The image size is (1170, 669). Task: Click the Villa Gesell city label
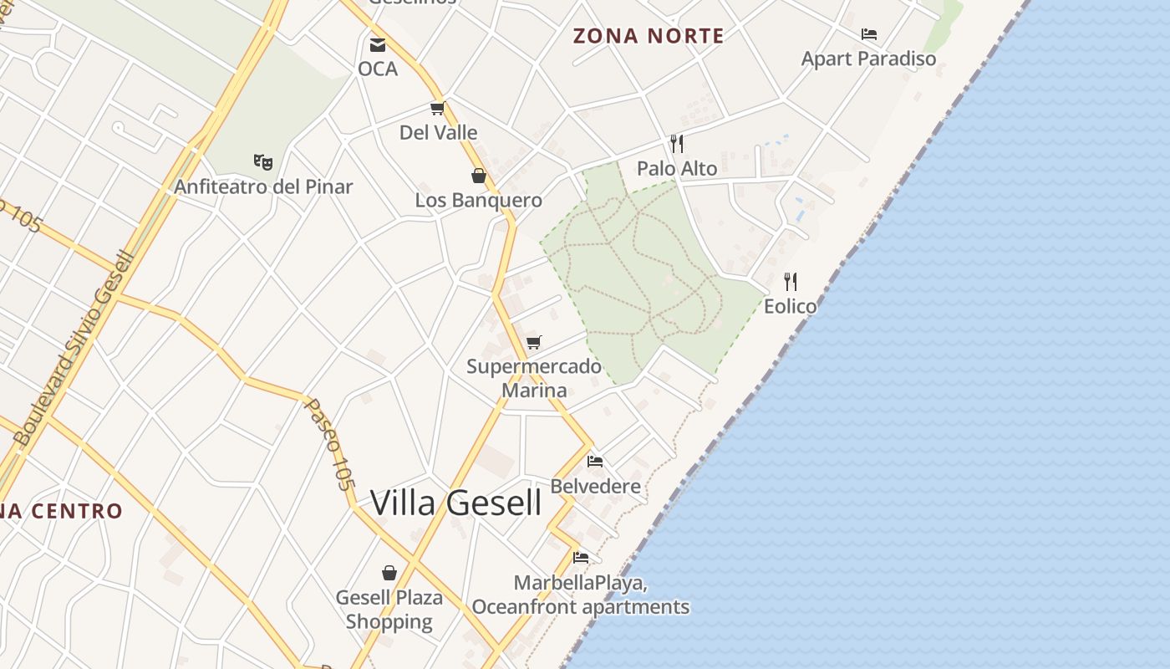(x=455, y=503)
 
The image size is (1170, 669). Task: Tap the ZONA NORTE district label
(x=648, y=36)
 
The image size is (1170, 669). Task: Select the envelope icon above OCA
(x=378, y=44)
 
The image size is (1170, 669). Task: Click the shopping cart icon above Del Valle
(x=437, y=108)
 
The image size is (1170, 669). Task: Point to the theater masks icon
(x=262, y=161)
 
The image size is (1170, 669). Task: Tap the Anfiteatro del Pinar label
(x=263, y=186)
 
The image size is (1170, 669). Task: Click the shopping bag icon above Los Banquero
(x=479, y=176)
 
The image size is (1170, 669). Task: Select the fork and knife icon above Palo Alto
(x=677, y=144)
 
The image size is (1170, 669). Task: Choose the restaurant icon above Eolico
(x=790, y=281)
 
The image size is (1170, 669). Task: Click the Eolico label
(x=790, y=306)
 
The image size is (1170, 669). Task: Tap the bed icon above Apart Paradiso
(x=869, y=34)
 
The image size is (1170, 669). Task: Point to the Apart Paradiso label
(x=868, y=59)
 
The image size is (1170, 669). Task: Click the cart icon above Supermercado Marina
(x=534, y=342)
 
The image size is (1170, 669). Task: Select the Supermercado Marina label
(x=534, y=378)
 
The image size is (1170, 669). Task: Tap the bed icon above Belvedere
(x=595, y=461)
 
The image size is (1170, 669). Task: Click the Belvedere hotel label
(x=595, y=486)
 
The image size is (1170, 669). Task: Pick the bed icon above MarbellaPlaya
(x=581, y=557)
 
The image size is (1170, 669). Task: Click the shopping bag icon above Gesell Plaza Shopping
(x=389, y=573)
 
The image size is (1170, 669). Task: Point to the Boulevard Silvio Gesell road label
(x=74, y=348)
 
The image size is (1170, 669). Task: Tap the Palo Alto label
(x=677, y=169)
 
